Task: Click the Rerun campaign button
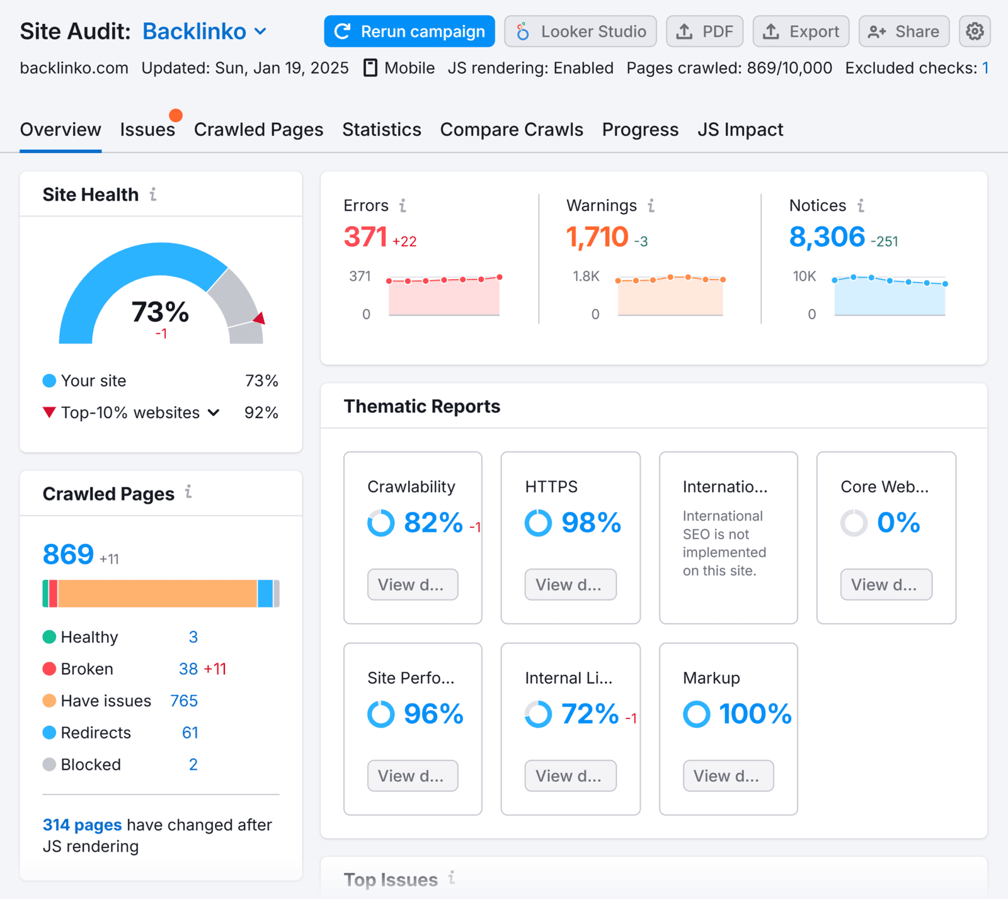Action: pos(409,31)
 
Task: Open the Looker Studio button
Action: pos(580,31)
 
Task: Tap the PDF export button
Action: pos(704,31)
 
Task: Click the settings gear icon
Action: pos(975,31)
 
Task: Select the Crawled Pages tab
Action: pos(258,130)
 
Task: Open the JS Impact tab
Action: pos(740,130)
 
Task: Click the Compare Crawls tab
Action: pos(512,130)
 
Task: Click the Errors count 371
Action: pos(365,237)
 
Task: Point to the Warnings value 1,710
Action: pos(597,237)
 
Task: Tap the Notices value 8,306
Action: pos(827,237)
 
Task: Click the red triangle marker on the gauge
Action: pos(260,319)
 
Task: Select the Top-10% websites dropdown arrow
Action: pos(214,413)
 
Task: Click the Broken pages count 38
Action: pos(188,669)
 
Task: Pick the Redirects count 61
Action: pos(190,733)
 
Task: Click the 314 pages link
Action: pos(82,825)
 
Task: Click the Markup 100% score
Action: pos(755,714)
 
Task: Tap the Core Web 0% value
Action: pos(898,523)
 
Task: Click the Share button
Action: pos(903,31)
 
